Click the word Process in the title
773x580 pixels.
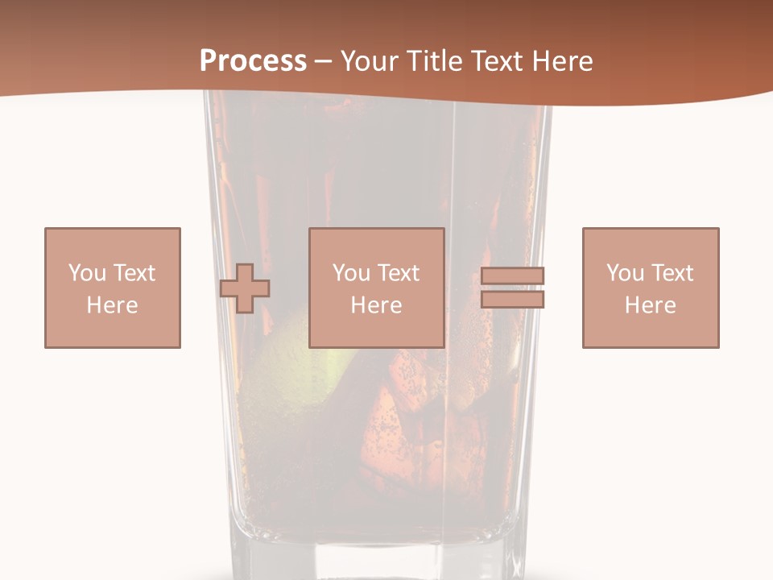(253, 61)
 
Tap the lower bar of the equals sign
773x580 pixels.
(513, 300)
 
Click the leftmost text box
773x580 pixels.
(113, 288)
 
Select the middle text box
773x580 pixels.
(377, 288)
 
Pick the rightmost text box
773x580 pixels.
(651, 288)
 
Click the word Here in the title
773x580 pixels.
(563, 61)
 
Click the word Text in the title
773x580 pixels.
(498, 61)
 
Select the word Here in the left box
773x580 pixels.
(113, 305)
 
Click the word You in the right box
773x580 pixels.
(625, 273)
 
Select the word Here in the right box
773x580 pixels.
(651, 305)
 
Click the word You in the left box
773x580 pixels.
(87, 273)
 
